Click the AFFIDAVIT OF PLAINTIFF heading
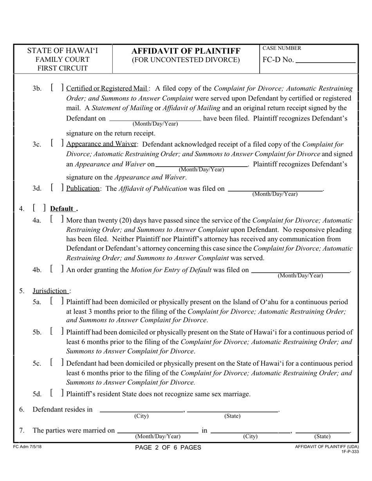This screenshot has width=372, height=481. point(186,51)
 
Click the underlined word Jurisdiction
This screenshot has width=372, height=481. point(50,291)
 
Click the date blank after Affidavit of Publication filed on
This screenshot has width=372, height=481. point(275,189)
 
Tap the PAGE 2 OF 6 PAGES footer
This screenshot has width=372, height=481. point(168,447)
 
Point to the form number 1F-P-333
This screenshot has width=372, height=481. point(350,451)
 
